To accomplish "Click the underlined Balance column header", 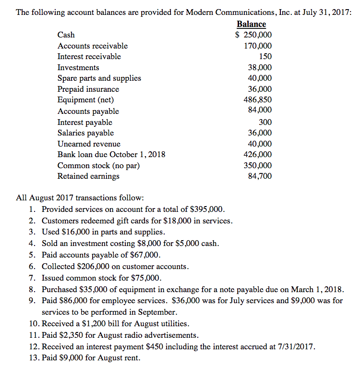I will (251, 24).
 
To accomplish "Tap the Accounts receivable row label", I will (93, 46).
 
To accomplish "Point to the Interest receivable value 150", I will (265, 57).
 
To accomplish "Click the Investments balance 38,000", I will (259, 68).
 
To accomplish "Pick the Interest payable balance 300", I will (265, 122).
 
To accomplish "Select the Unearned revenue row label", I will (89, 144).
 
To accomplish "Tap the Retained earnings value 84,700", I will (259, 176).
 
